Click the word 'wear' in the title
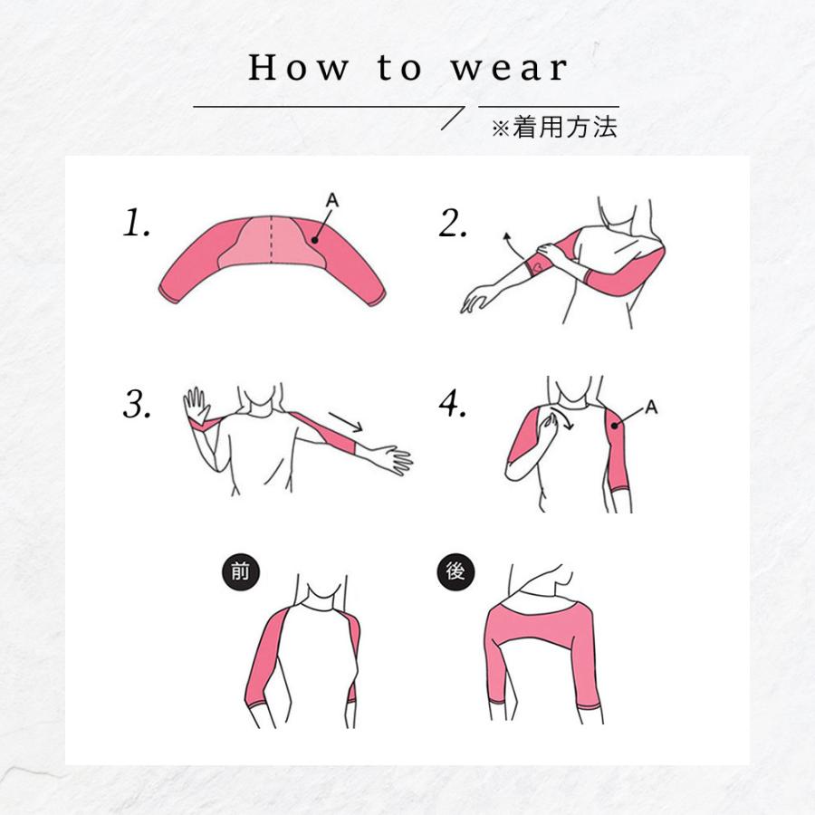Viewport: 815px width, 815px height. click(509, 68)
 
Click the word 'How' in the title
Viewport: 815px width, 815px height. click(298, 68)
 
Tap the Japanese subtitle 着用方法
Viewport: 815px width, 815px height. click(564, 128)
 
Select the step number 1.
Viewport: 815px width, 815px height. click(137, 223)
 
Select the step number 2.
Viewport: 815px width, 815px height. click(453, 224)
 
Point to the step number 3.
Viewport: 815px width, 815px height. click(138, 404)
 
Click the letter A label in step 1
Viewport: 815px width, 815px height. click(332, 200)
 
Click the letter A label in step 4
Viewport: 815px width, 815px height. click(651, 407)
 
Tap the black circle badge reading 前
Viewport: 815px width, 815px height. click(240, 571)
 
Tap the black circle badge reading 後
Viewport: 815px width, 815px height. click(455, 571)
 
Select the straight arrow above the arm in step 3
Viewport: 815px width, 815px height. click(346, 422)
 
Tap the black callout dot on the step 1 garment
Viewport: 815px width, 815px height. click(314, 240)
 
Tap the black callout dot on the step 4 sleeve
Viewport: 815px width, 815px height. click(615, 426)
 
